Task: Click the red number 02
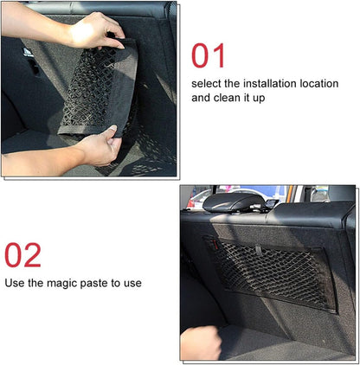22,256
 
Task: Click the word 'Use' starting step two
15,283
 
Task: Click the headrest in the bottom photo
233,202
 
